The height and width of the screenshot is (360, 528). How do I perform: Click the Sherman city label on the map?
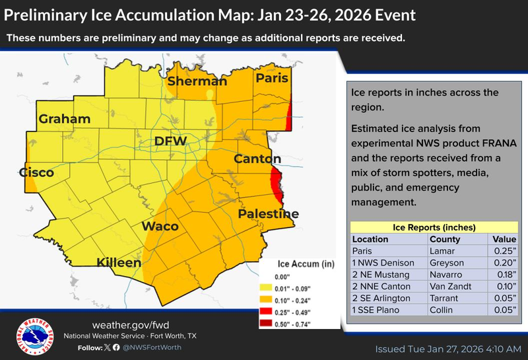197,82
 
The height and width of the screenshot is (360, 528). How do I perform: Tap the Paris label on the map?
273,79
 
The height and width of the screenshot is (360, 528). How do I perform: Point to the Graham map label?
64,120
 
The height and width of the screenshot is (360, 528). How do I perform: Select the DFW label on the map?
171,141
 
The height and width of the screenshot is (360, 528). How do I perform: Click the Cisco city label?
36,172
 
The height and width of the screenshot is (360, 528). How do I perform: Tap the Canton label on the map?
257,159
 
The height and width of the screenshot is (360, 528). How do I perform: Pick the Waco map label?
160,227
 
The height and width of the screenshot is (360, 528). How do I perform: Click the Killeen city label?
119,263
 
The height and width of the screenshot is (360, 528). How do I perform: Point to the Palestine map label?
269,214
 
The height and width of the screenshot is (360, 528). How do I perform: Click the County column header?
444,239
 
